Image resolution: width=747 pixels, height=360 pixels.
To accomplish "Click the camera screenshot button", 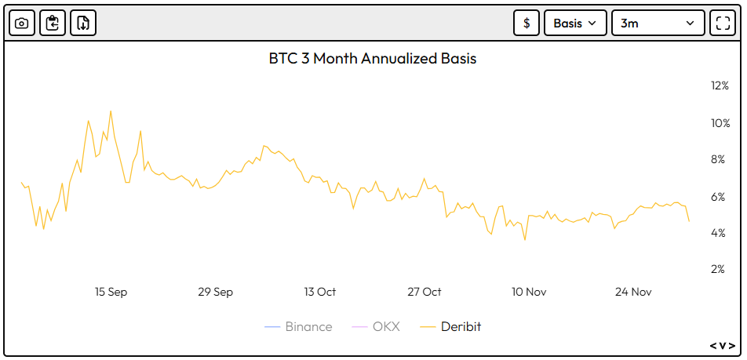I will coord(22,23).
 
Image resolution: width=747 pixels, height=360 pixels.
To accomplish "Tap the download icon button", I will coord(83,23).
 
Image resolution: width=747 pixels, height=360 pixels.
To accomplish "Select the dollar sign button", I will coord(527,23).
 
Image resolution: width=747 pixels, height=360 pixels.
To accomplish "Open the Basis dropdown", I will coord(575,23).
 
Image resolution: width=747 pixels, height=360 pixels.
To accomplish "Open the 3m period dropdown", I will coord(658,23).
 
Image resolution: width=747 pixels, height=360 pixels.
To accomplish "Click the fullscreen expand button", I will coord(722,23).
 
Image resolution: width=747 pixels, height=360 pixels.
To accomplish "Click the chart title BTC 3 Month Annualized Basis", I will coord(373,59).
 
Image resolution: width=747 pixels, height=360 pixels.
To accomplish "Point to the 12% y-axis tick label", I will coord(720,85).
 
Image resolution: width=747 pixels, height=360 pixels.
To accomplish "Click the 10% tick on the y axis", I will coord(720,123).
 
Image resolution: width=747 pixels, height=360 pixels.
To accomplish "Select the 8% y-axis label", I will coord(720,159).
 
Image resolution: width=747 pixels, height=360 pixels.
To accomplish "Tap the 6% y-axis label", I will coord(720,197).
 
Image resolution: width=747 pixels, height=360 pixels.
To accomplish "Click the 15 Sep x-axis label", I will coord(111,292).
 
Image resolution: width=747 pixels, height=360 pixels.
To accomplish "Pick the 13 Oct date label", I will coord(320,292).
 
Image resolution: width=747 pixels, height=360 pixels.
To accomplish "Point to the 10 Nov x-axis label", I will coord(529,292).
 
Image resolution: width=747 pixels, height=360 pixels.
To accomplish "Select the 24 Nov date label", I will coord(633,292).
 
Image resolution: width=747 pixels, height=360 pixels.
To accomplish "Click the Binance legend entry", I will coord(299,326).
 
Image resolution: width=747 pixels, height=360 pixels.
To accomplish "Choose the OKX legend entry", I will coord(377,326).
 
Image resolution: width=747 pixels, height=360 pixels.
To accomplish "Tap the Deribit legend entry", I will coord(451,326).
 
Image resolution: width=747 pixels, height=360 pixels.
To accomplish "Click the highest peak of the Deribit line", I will coord(110,111).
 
